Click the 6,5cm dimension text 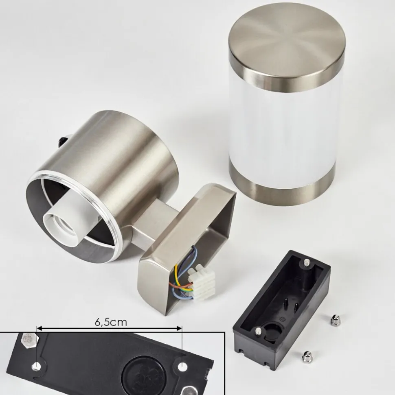111,322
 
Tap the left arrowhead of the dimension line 39,328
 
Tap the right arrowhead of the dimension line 179,328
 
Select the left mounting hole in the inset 37,366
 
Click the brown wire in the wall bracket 182,285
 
